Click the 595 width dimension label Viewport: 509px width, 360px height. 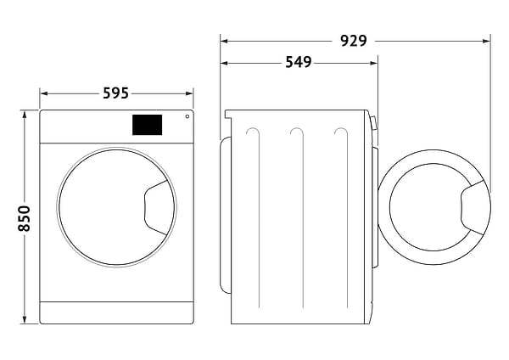click(116, 93)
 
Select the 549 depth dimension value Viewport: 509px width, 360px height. click(298, 62)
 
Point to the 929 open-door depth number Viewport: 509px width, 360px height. click(353, 39)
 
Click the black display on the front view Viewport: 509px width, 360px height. click(147, 125)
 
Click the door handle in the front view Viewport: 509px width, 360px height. click(159, 207)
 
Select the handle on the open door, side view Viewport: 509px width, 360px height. click(475, 207)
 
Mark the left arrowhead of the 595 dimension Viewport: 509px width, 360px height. click(43, 93)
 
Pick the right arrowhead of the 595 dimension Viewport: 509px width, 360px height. click(190, 93)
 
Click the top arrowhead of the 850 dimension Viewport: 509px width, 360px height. click(25, 114)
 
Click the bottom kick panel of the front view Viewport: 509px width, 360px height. click(116, 312)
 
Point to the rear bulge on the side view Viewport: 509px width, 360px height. click(225, 212)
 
